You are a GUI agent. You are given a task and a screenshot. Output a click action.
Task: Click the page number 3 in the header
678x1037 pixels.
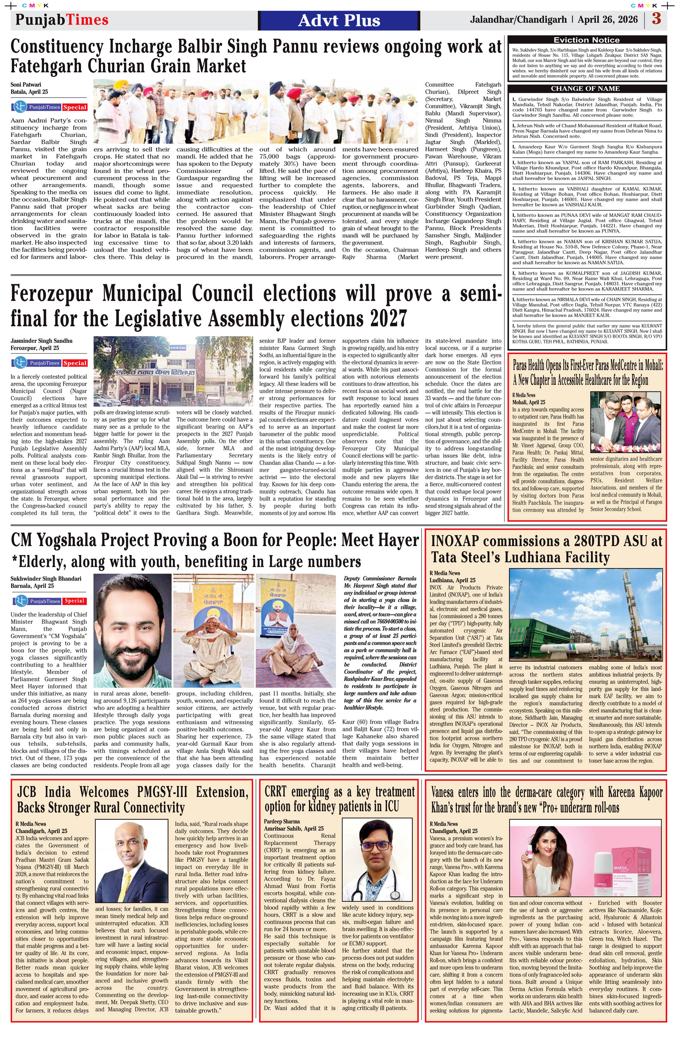point(657,19)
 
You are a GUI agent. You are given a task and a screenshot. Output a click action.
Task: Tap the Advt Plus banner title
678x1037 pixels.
point(339,20)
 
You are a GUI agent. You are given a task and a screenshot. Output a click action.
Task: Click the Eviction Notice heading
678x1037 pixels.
point(586,40)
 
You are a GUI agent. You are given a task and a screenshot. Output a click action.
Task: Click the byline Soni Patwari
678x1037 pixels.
point(26,84)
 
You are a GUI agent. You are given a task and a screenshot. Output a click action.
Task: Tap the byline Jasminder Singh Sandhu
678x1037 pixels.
point(41,341)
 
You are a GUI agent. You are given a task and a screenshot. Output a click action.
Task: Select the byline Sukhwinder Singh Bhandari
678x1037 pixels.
point(46,579)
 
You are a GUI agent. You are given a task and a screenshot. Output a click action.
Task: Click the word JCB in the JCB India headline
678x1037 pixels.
point(32,792)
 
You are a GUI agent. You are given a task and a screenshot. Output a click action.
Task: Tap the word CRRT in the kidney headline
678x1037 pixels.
point(276,791)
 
